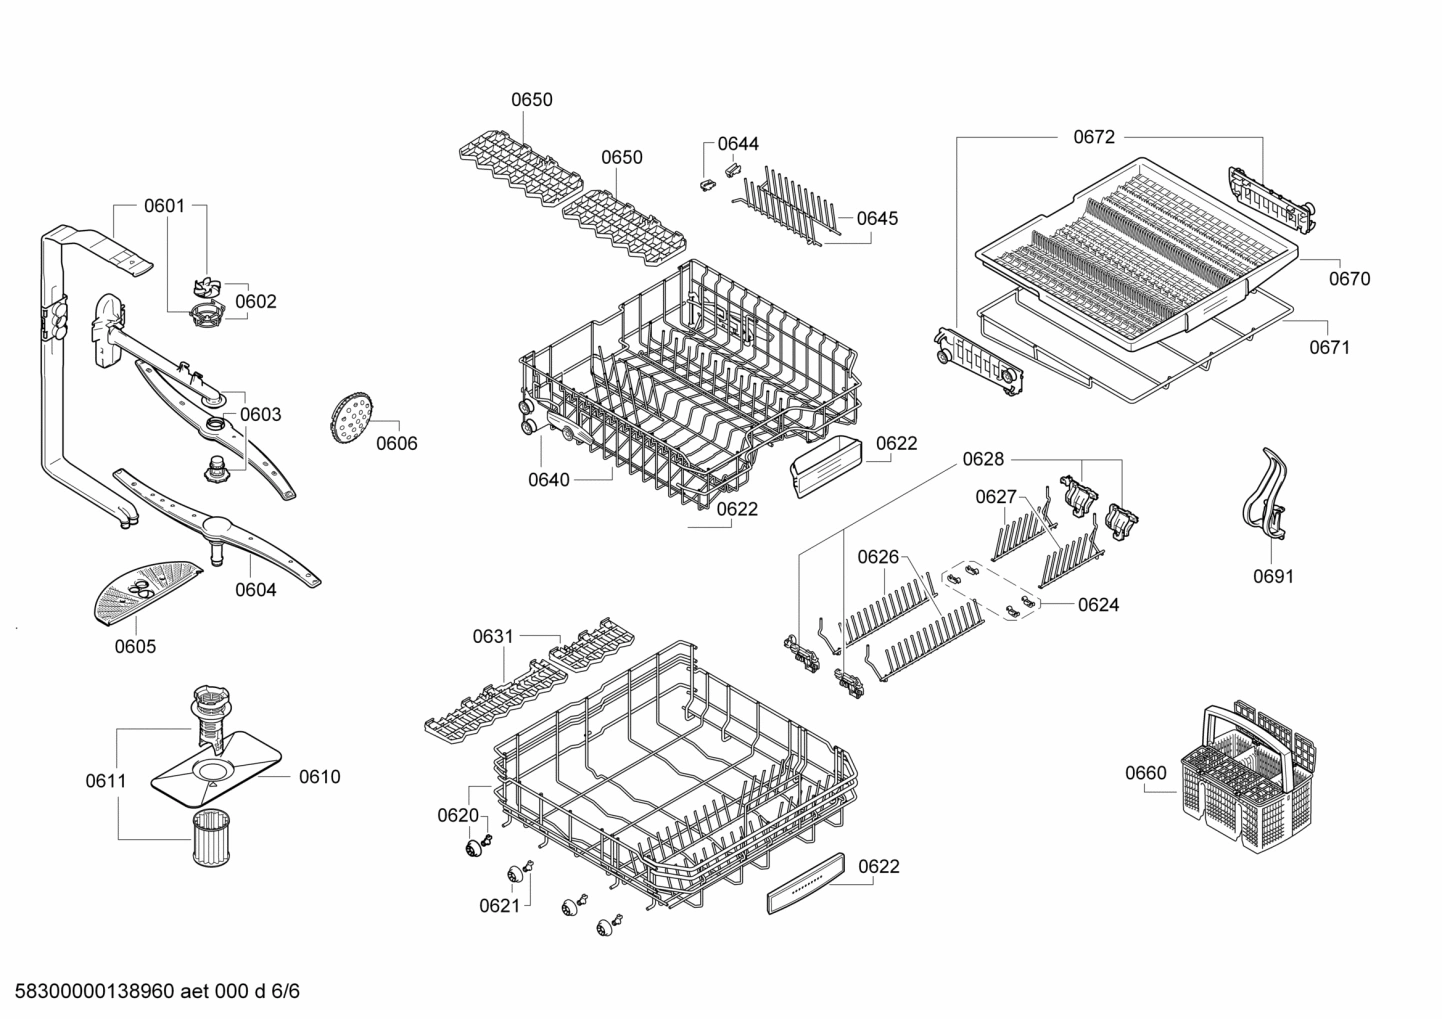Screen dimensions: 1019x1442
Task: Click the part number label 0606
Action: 397,444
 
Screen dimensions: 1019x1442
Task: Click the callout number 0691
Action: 1273,576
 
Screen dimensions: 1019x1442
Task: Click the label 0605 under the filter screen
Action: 135,646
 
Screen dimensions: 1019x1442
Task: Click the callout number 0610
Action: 319,777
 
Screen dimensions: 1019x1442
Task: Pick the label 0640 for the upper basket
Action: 549,480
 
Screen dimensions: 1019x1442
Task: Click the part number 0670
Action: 1349,279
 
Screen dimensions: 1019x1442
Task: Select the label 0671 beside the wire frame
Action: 1329,347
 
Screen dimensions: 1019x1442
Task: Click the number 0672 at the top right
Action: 1094,137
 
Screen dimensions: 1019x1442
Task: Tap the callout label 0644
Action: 738,144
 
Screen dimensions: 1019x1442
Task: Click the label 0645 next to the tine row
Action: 877,218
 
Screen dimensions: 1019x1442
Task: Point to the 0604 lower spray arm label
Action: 256,590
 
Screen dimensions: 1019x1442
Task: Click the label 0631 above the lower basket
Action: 493,636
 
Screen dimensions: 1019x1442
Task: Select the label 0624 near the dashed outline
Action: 1098,604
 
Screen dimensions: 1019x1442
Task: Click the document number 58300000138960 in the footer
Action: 89,993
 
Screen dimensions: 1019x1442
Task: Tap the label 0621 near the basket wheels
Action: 500,906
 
